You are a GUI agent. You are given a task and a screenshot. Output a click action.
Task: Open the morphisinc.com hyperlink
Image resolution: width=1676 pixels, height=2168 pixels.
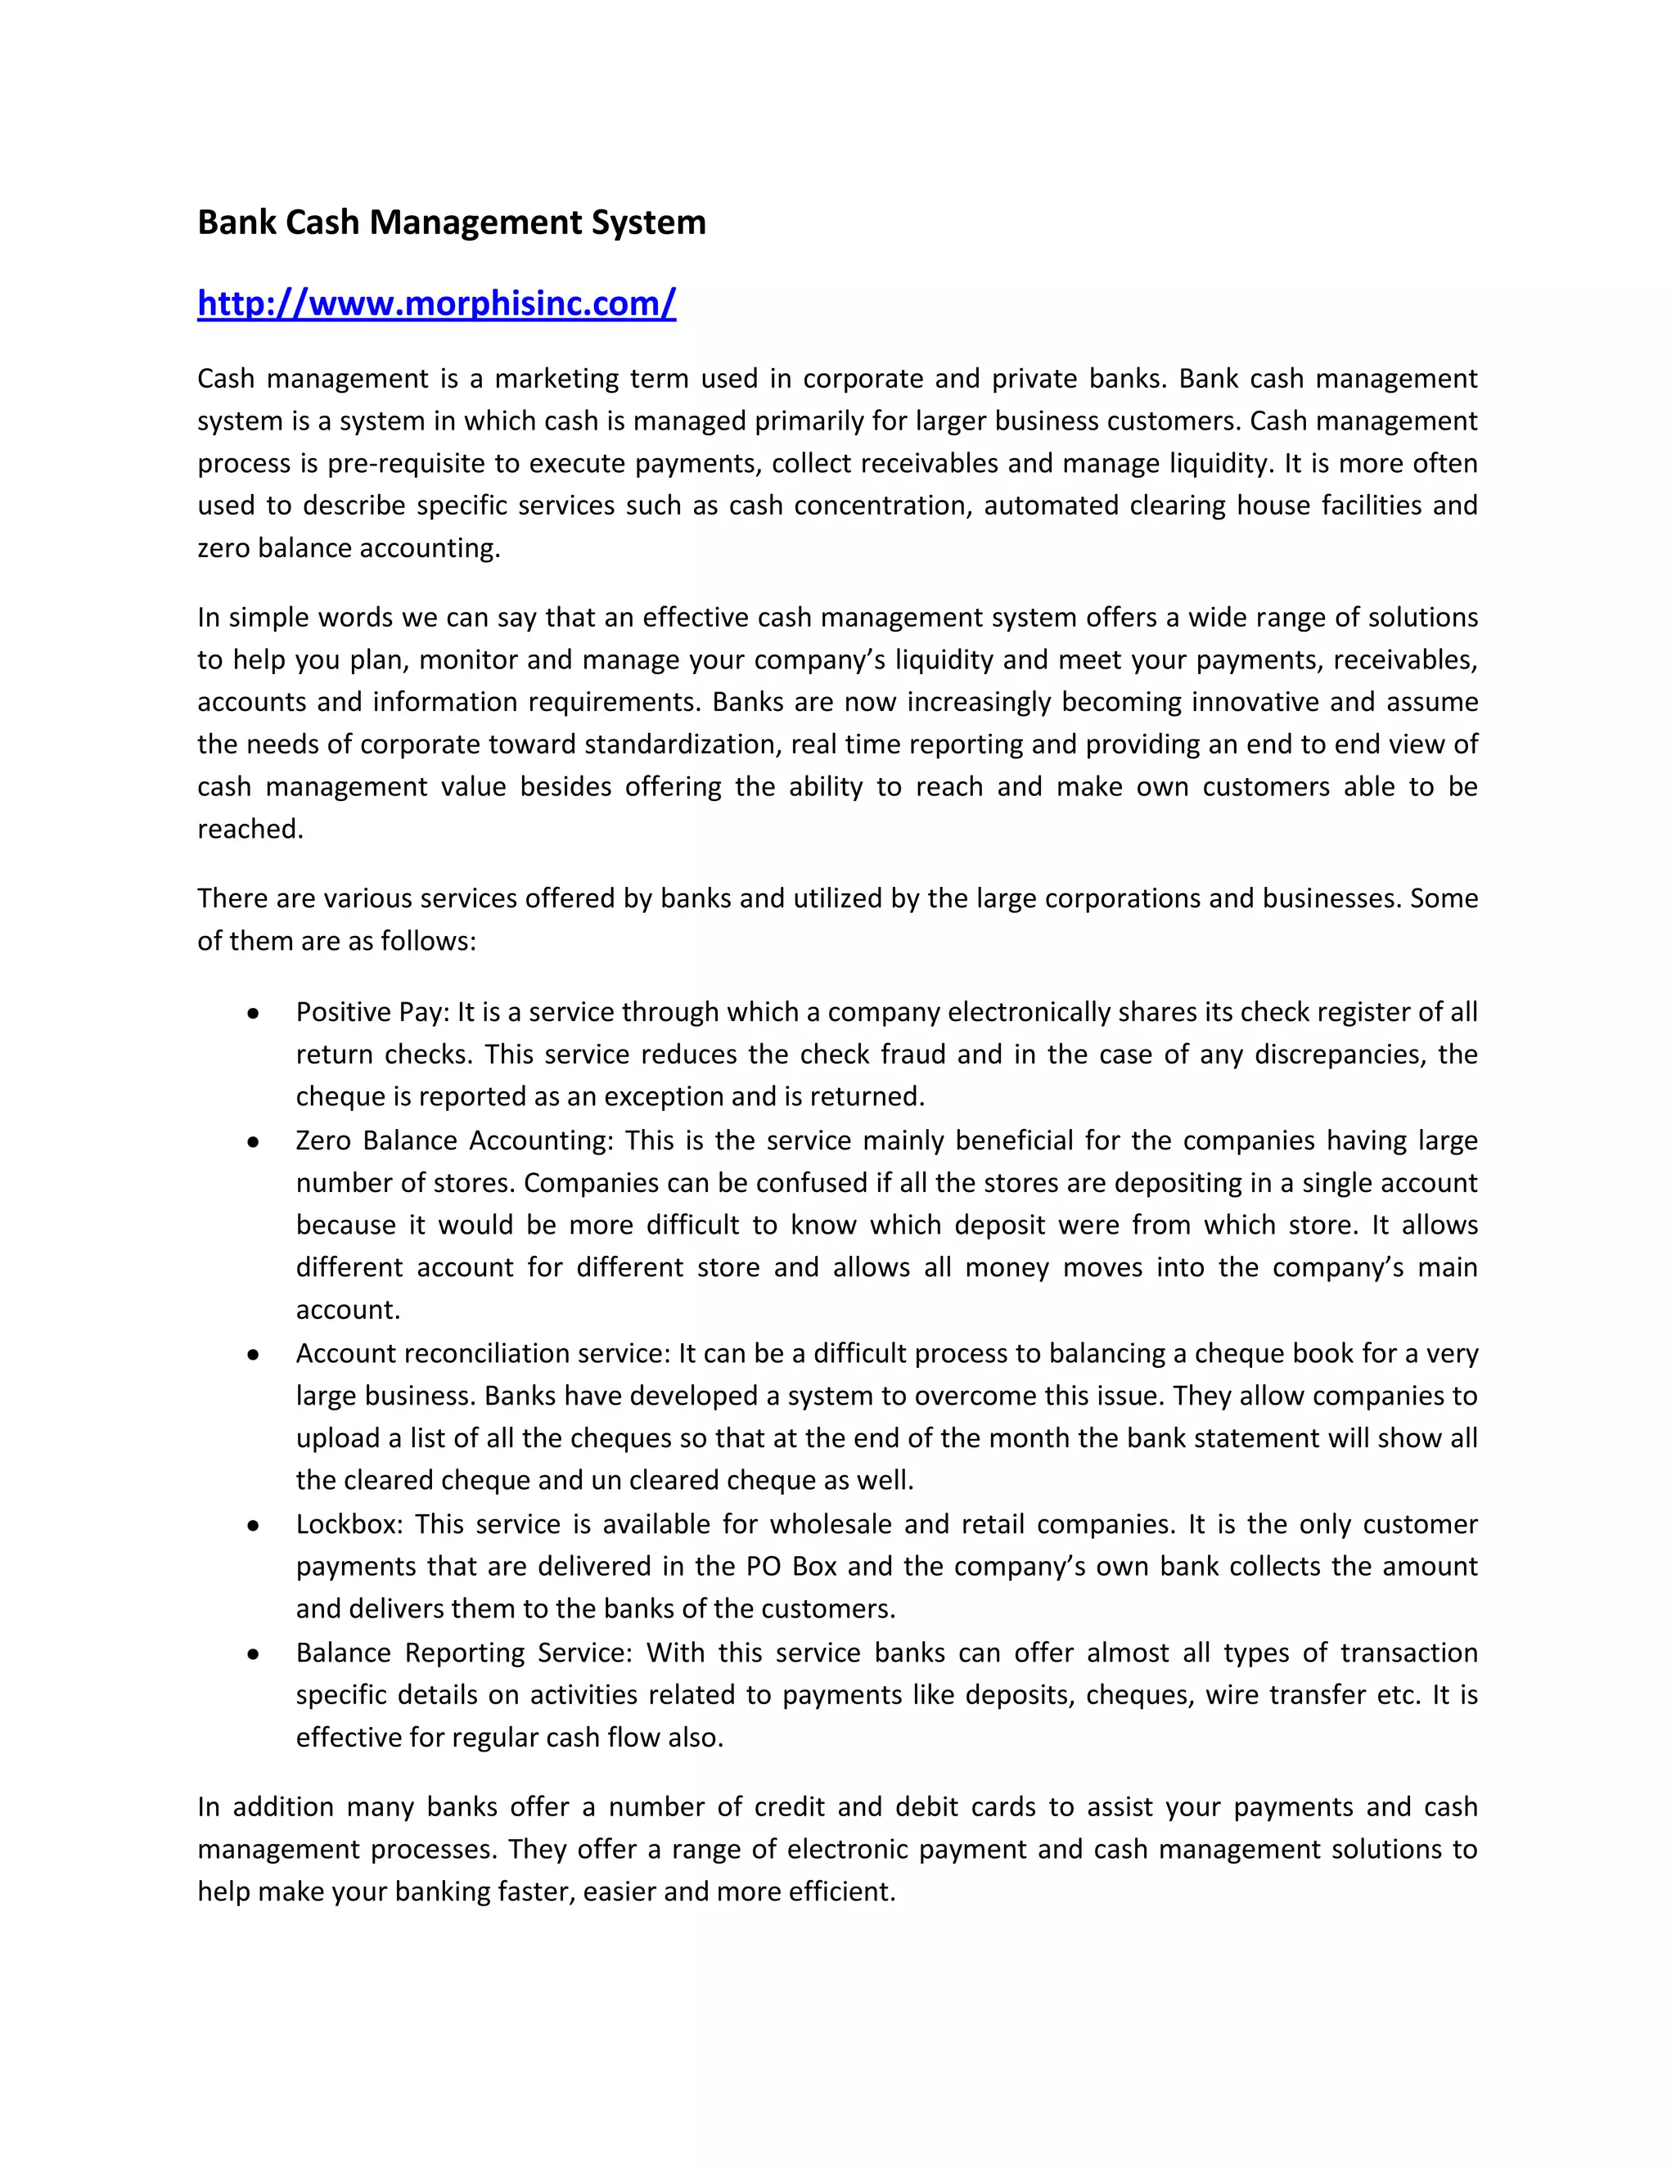[437, 303]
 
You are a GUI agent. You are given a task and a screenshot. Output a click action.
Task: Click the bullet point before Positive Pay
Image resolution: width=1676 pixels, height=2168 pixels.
[255, 1014]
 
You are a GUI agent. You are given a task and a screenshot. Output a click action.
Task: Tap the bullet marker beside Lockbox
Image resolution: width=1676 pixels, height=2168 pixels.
[255, 1526]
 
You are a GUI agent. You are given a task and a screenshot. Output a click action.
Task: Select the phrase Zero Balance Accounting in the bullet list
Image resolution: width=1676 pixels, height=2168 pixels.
[452, 1140]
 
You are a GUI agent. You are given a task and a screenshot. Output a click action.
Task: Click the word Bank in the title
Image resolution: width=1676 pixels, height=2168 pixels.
[237, 223]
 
